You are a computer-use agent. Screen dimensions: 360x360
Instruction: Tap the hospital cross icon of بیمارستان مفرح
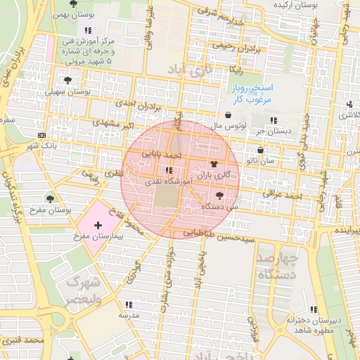pos(97,224)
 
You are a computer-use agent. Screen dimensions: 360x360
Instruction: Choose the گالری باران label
pos(213,173)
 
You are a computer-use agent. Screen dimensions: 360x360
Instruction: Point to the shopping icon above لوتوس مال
pos(229,115)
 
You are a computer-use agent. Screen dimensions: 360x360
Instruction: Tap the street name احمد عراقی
pos(282,193)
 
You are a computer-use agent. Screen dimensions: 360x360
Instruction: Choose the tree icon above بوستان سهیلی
pos(67,80)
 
